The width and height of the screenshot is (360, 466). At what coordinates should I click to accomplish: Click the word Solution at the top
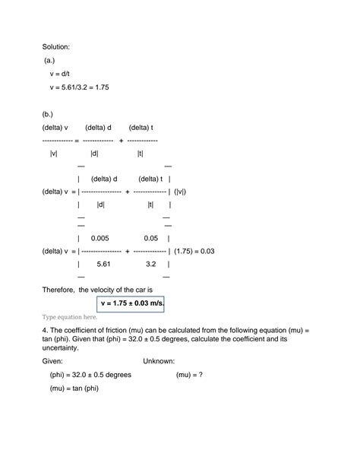(57, 46)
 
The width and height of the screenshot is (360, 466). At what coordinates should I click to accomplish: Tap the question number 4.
(45, 331)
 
